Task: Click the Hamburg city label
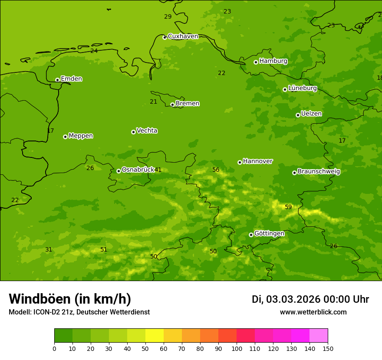pyautogui.click(x=273, y=61)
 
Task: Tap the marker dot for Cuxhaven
pyautogui.click(x=165, y=38)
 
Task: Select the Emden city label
pyautogui.click(x=71, y=79)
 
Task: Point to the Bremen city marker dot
pyautogui.click(x=172, y=105)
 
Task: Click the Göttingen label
pyautogui.click(x=269, y=233)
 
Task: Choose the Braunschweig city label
pyautogui.click(x=318, y=171)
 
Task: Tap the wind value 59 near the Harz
pyautogui.click(x=288, y=207)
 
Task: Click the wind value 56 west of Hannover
pyautogui.click(x=216, y=170)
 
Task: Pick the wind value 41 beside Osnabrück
pyautogui.click(x=158, y=170)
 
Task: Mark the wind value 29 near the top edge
pyautogui.click(x=168, y=16)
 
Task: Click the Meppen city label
pyautogui.click(x=80, y=136)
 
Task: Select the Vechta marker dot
pyautogui.click(x=133, y=132)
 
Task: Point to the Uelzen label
pyautogui.click(x=311, y=114)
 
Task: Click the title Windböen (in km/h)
pyautogui.click(x=70, y=299)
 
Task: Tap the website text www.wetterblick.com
pyautogui.click(x=313, y=312)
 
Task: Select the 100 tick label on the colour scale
pyautogui.click(x=237, y=348)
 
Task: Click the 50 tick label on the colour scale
pyautogui.click(x=145, y=348)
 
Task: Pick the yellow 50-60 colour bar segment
pyautogui.click(x=155, y=336)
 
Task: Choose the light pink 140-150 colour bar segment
pyautogui.click(x=319, y=336)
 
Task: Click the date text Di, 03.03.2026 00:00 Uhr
pyautogui.click(x=310, y=299)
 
